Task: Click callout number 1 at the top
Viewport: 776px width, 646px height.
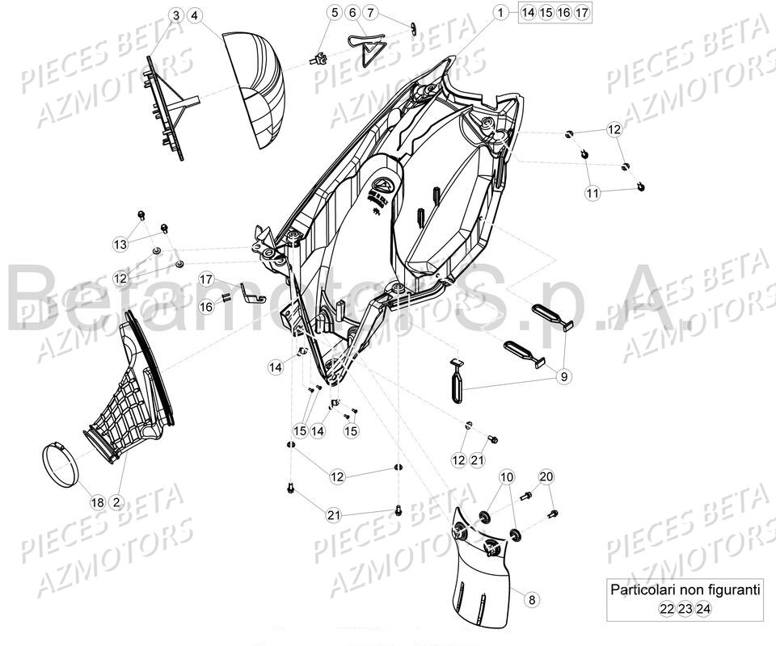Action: [500, 12]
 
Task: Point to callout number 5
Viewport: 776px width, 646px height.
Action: [312, 12]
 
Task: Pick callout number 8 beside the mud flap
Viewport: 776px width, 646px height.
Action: [530, 599]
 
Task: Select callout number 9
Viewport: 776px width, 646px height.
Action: [563, 375]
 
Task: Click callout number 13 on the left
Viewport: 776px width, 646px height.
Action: [120, 244]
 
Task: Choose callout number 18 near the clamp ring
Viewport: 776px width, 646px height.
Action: [97, 502]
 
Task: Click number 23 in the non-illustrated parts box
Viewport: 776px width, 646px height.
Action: [685, 610]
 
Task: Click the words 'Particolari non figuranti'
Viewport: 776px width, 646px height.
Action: [685, 589]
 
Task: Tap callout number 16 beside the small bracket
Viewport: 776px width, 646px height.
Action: [206, 306]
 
